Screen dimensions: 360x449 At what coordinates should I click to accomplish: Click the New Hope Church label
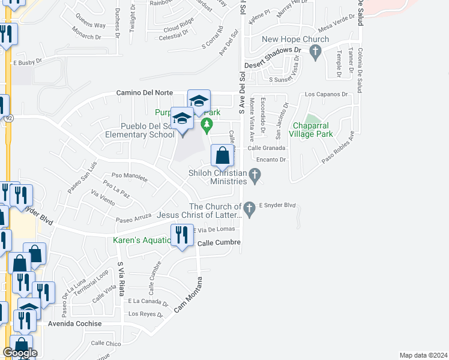point(295,40)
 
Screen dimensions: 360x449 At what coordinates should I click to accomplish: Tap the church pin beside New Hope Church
point(314,53)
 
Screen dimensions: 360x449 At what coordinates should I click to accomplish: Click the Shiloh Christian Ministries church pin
point(255,175)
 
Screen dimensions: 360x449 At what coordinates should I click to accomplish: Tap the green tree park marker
point(207,125)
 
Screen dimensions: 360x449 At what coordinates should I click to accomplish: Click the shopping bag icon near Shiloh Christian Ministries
point(222,156)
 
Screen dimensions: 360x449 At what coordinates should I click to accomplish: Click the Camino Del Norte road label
point(144,93)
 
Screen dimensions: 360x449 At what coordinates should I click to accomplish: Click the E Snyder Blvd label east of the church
point(277,205)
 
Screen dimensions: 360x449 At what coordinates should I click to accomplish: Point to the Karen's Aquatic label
point(142,241)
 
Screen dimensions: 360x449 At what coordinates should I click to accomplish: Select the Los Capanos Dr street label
point(327,94)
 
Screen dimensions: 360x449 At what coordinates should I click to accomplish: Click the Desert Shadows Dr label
point(272,67)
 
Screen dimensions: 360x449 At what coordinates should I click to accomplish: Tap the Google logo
point(20,353)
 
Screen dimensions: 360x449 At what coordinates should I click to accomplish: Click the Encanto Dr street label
point(270,160)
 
